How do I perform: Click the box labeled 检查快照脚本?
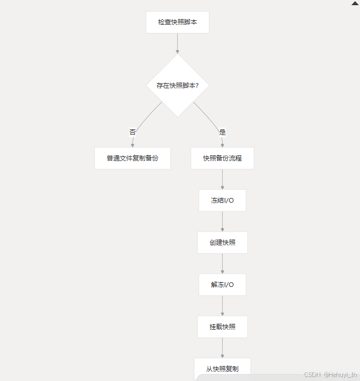click(x=177, y=23)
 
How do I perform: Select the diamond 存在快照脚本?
click(x=178, y=85)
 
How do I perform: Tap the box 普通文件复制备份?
click(x=132, y=158)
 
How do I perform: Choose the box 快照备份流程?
click(x=222, y=158)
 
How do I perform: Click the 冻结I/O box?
click(x=222, y=200)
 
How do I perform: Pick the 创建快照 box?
click(x=222, y=242)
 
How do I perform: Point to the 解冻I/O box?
click(x=222, y=285)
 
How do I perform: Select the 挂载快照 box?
click(x=222, y=327)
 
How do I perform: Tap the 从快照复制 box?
click(x=222, y=368)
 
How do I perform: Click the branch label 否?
click(x=133, y=132)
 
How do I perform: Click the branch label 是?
click(x=222, y=132)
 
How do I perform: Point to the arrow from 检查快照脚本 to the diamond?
click(x=177, y=43)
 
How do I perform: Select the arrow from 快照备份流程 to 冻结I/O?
click(x=222, y=180)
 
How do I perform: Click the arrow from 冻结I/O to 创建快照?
click(x=222, y=222)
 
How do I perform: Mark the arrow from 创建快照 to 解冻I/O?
click(x=222, y=264)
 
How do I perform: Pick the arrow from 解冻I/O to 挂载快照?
click(x=222, y=306)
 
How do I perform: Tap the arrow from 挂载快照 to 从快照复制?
click(x=222, y=348)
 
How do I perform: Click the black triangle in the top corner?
click(x=355, y=3)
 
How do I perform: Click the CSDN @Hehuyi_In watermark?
click(x=330, y=375)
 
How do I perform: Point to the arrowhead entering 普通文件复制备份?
click(x=132, y=145)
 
